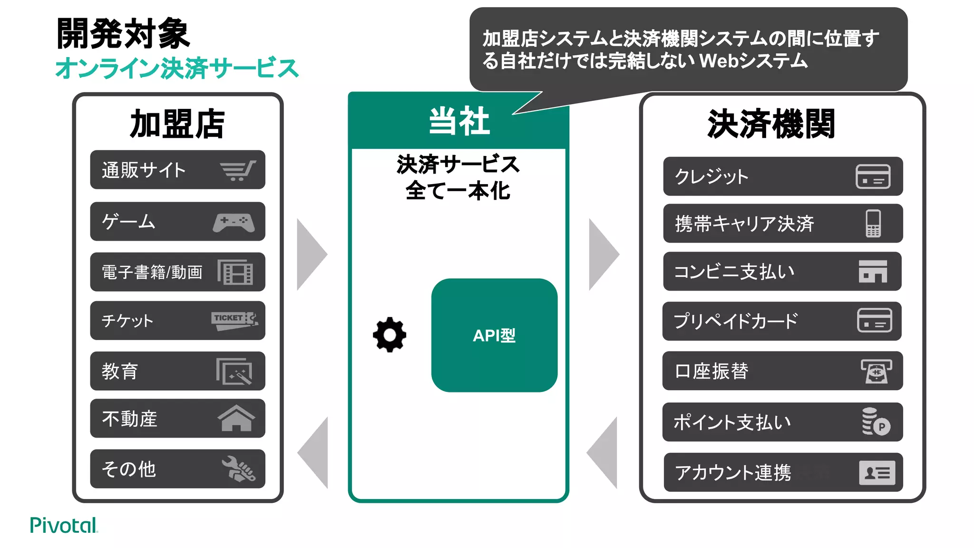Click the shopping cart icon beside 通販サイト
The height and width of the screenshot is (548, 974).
[238, 170]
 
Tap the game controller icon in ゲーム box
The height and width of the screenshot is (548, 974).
[234, 222]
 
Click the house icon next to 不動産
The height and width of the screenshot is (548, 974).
[236, 418]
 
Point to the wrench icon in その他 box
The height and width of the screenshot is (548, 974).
[238, 469]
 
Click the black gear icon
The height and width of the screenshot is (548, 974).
[390, 335]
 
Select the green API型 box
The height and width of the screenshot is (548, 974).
[494, 335]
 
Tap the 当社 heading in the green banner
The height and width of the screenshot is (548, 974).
[458, 121]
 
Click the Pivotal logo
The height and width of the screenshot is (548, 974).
[63, 525]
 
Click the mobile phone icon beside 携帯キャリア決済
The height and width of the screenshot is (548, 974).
[873, 223]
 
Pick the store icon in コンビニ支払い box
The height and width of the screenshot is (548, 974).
[873, 272]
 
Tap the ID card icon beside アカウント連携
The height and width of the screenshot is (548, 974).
[877, 472]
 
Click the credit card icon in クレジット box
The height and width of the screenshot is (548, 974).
[873, 176]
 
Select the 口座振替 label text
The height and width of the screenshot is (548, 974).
[711, 371]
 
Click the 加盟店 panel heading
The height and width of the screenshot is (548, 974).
[177, 124]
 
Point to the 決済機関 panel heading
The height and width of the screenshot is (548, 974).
[771, 124]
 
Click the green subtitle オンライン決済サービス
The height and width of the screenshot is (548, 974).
[177, 68]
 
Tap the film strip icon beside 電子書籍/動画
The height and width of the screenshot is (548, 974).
[235, 272]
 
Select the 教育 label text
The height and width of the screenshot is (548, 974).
[120, 371]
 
